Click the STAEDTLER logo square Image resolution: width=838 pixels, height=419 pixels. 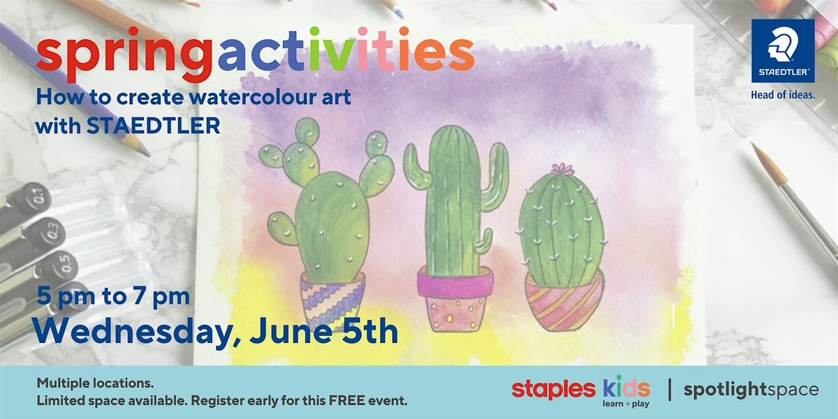(x=782, y=50)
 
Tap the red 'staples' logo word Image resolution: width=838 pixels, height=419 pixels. (x=553, y=390)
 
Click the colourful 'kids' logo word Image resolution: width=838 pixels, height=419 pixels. (x=626, y=388)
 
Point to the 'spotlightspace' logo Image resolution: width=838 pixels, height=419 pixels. (x=751, y=390)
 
